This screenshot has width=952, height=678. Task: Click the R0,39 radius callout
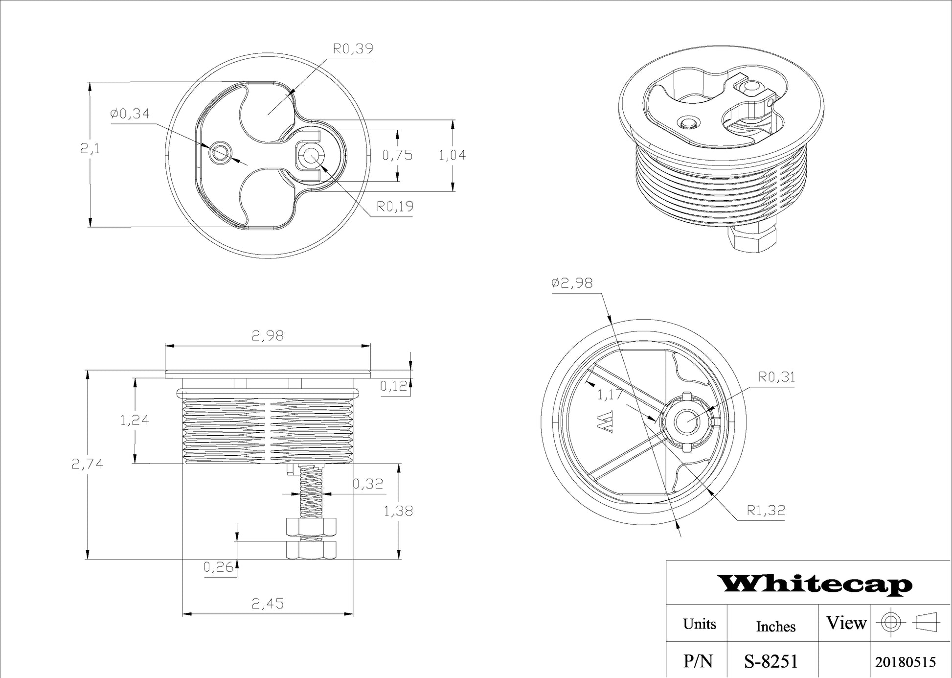click(x=353, y=48)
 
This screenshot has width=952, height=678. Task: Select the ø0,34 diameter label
click(x=130, y=114)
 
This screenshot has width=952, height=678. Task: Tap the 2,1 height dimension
click(x=90, y=148)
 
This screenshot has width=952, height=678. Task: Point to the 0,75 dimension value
click(x=397, y=155)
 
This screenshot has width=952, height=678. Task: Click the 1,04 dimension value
click(x=452, y=155)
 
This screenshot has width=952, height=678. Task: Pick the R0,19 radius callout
click(x=395, y=207)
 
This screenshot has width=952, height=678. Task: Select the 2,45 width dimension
click(x=268, y=604)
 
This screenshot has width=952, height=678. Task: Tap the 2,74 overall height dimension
click(x=88, y=464)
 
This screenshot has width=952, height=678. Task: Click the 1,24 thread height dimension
click(x=135, y=420)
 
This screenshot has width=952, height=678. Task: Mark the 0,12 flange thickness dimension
click(x=394, y=387)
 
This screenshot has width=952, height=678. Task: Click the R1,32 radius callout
click(x=766, y=511)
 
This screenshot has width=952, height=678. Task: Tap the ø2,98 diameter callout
click(x=572, y=283)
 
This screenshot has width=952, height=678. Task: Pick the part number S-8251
click(x=771, y=662)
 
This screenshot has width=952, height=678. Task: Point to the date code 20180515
click(x=906, y=662)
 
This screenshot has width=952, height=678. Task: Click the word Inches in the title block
click(x=776, y=627)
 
